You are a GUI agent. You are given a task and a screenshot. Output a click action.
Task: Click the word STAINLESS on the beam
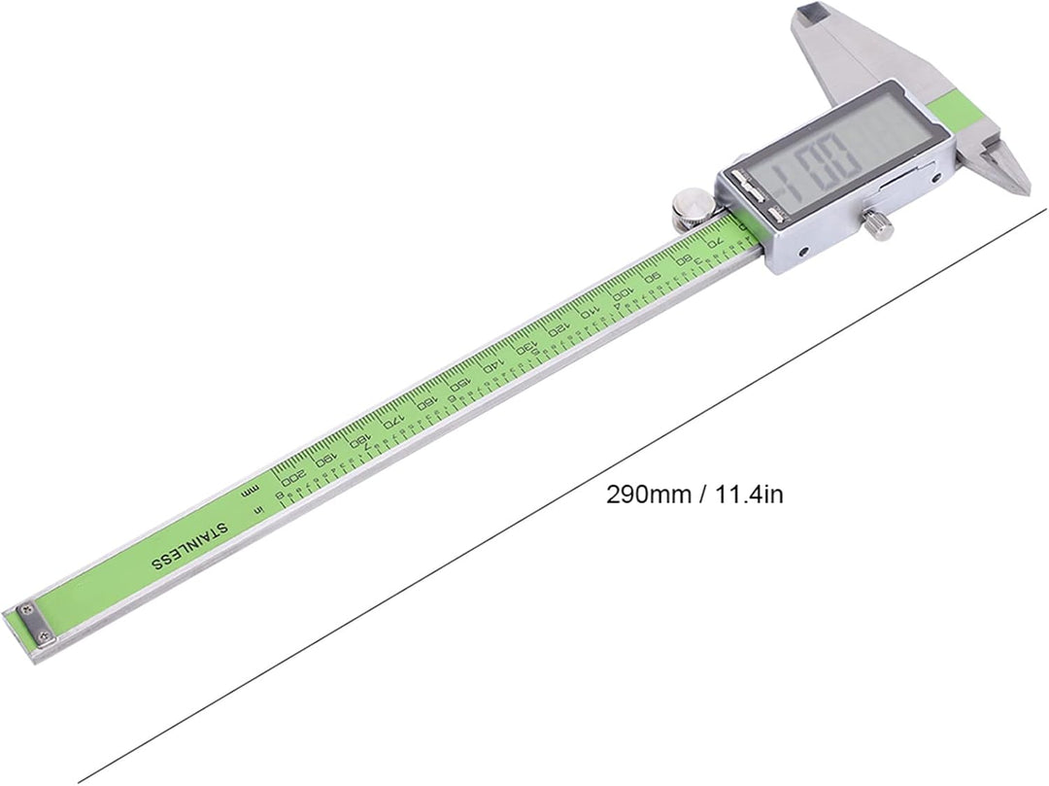188,547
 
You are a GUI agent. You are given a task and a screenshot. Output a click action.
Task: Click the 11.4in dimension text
749,495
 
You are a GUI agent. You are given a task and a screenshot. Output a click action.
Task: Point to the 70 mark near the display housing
716,240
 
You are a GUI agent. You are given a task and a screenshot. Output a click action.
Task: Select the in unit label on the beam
257,509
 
